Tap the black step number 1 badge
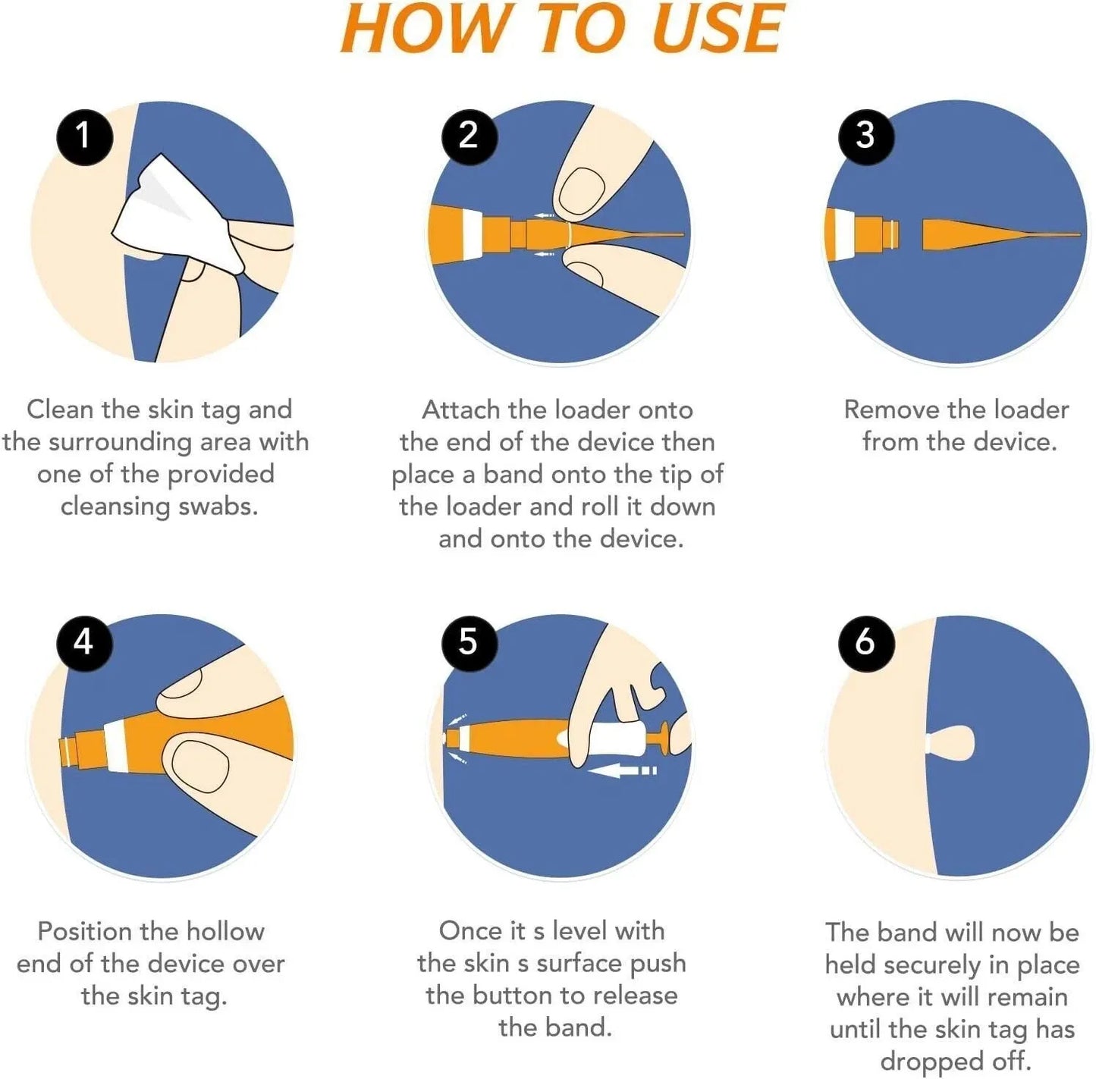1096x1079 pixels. point(85,137)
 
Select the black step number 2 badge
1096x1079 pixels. point(469,136)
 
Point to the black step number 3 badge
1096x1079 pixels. point(866,136)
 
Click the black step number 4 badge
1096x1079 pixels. point(84,643)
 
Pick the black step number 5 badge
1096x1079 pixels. point(469,643)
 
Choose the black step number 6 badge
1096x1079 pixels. point(866,643)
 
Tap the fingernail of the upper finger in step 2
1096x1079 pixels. point(581,190)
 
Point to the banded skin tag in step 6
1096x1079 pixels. point(950,743)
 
